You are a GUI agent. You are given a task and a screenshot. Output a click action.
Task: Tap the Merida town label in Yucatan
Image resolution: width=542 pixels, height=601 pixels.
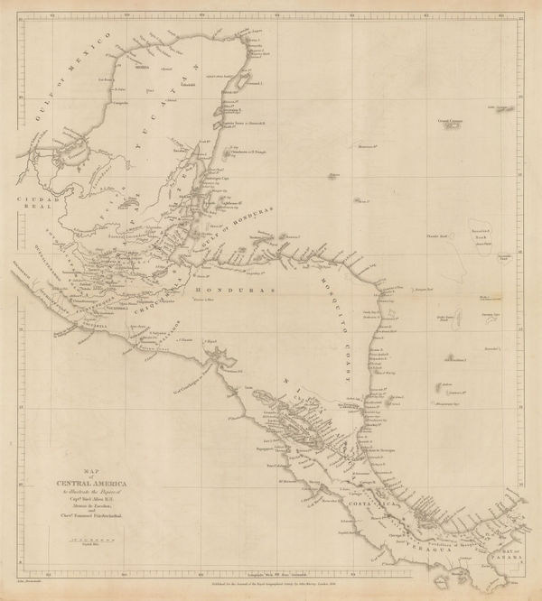click(143, 67)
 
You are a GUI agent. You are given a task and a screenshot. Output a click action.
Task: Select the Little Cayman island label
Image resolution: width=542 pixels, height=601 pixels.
click(501, 108)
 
